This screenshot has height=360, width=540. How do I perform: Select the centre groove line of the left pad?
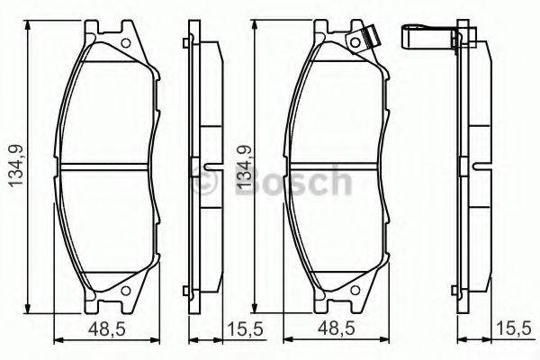[107, 167]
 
